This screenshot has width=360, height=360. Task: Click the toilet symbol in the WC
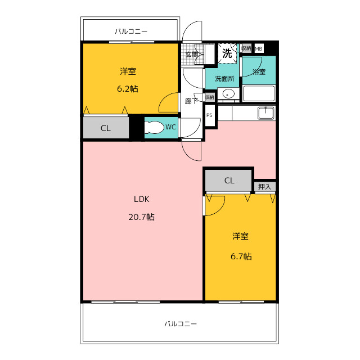pyautogui.click(x=154, y=127)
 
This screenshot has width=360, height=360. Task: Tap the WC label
pyautogui.click(x=170, y=127)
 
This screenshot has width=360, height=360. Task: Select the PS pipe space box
pyautogui.click(x=210, y=115)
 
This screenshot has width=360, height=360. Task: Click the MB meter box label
pyautogui.click(x=259, y=49)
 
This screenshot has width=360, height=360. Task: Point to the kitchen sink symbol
pyautogui.click(x=266, y=113)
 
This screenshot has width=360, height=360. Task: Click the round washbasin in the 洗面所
pyautogui.click(x=227, y=94)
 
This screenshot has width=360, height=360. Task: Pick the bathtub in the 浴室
pyautogui.click(x=259, y=93)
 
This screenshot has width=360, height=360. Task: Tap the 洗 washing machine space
pyautogui.click(x=227, y=53)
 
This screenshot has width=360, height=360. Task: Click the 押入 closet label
pyautogui.click(x=264, y=187)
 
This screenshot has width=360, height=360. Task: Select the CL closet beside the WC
pyautogui.click(x=106, y=128)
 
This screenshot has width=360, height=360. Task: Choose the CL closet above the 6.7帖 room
pyautogui.click(x=229, y=181)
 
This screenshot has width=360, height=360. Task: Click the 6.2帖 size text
pyautogui.click(x=128, y=89)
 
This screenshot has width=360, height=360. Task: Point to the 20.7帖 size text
pyautogui.click(x=141, y=217)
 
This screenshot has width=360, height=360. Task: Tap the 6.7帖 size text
pyautogui.click(x=241, y=256)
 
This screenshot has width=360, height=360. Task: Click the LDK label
pyautogui.click(x=142, y=199)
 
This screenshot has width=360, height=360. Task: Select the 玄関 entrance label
pyautogui.click(x=191, y=55)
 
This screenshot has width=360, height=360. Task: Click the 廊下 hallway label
pyautogui.click(x=191, y=101)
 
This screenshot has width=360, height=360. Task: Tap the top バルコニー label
pyautogui.click(x=131, y=31)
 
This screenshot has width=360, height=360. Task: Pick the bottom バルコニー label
pyautogui.click(x=181, y=324)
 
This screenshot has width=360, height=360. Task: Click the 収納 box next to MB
pyautogui.click(x=246, y=48)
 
